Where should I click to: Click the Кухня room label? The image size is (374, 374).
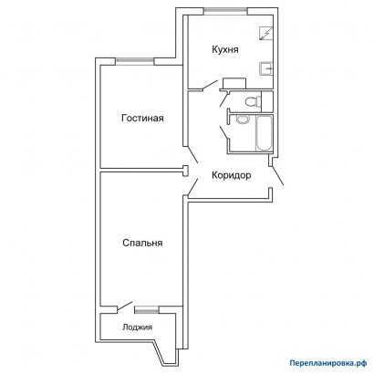pos(225,49)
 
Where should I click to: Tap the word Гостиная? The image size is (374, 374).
pos(142,118)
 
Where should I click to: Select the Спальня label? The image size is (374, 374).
pos(142,243)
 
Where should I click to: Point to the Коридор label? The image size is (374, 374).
pos(231,175)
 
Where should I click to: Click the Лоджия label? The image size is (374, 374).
pos(137,327)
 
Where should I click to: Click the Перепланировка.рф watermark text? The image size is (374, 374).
pos(328,363)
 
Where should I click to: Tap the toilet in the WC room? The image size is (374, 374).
pos(253,100)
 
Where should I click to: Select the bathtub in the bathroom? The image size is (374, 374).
pos(264,133)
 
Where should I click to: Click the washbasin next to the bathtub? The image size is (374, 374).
pos(243,119)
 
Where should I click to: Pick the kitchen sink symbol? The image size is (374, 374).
pos(266,68)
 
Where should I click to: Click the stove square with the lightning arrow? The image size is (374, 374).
pos(266,34)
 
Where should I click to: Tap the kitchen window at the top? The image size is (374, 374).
pos(225,10)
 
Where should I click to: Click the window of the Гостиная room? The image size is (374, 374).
pos(135,61)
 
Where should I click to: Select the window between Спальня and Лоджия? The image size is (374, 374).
pos(147,309)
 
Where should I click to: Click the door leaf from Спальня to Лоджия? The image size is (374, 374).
pos(124,306)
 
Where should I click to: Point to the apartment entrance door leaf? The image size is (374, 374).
pos(278,175)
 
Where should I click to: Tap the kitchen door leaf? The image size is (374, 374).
pos(210,85)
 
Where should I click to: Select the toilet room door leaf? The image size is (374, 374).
pos(224,99)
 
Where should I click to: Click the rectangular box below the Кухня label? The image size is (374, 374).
pos(234,83)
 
